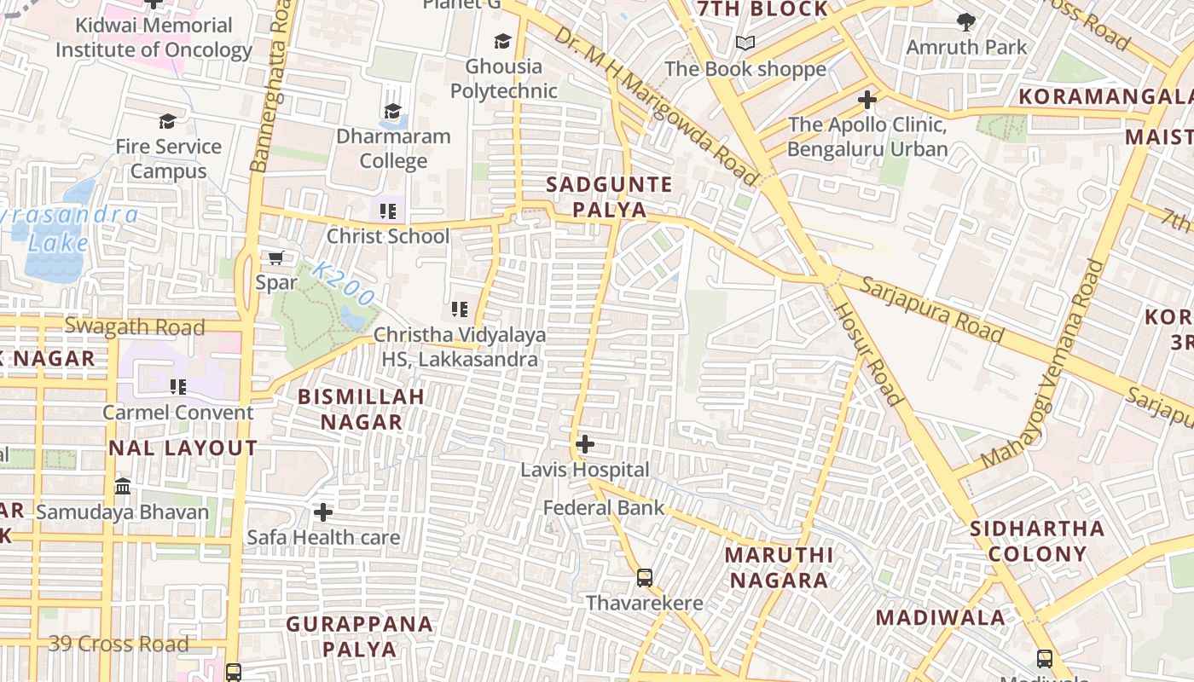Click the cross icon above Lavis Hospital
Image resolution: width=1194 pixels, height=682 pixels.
585,444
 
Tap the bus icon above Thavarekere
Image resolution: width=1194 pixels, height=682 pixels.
645,578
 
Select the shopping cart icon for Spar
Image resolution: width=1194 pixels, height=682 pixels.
275,257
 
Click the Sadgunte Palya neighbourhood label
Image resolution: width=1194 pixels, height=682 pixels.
609,197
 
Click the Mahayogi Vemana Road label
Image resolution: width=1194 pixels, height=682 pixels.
1042,365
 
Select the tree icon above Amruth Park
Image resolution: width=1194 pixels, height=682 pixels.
966,21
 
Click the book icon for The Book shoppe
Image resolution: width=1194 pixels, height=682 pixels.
745,43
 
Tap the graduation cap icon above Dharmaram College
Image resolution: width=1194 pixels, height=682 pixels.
392,112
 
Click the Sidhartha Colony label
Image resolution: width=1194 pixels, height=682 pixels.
1037,541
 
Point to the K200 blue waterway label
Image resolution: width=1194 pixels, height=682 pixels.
343,285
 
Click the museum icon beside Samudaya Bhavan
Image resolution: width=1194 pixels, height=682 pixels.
123,487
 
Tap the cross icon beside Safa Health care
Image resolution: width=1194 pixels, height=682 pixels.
323,512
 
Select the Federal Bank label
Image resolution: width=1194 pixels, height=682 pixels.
604,508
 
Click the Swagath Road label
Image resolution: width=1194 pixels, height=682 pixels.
135,327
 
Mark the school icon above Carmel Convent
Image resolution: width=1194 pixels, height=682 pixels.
177,387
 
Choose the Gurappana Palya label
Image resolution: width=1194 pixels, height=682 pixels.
359,636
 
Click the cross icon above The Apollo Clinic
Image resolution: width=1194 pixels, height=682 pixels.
867,100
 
